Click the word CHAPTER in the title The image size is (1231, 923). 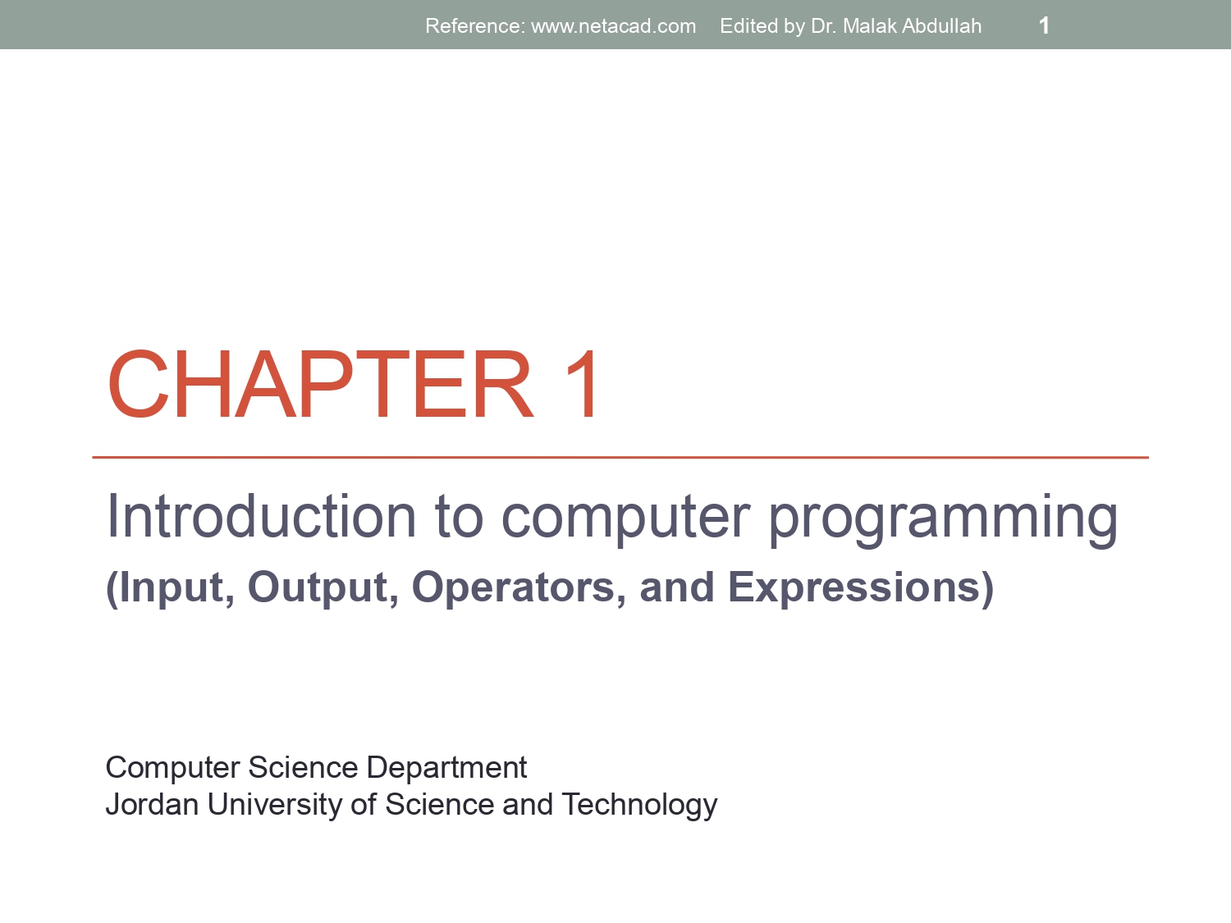click(320, 384)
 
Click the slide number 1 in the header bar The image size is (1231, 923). click(1044, 25)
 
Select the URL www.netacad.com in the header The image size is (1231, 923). click(613, 26)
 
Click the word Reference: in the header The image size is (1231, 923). click(474, 26)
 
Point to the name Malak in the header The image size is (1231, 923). click(869, 26)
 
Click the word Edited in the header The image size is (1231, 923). click(748, 26)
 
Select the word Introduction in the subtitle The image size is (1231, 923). click(262, 517)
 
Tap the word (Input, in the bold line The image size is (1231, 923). click(170, 588)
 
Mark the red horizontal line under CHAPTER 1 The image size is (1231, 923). click(620, 457)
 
